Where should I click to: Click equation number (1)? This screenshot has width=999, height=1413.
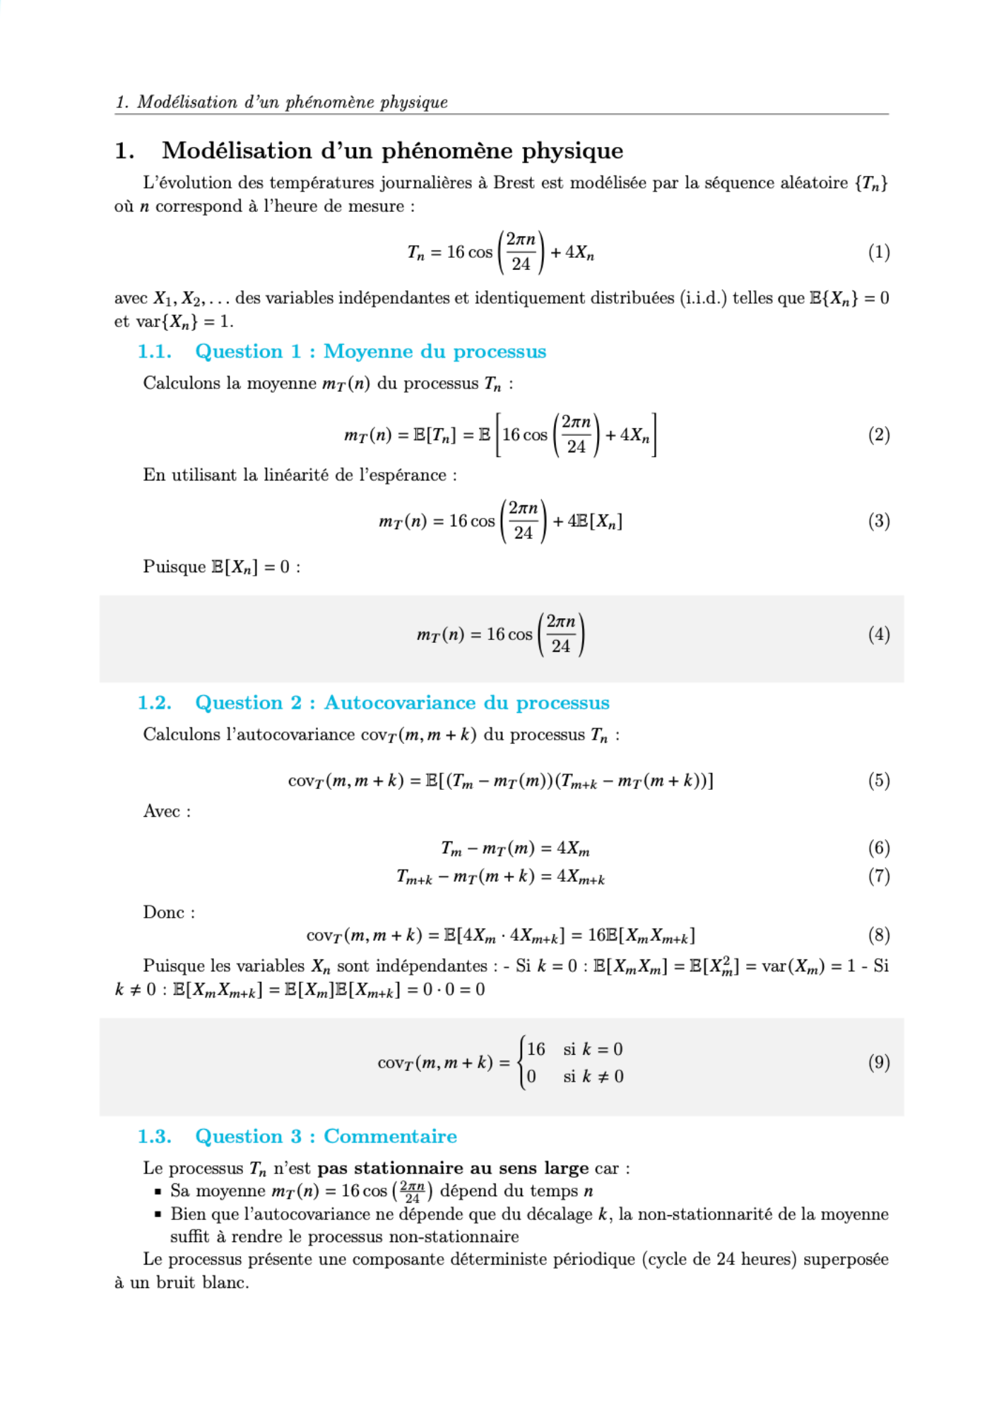(878, 252)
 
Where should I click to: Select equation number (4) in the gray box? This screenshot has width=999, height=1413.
(878, 634)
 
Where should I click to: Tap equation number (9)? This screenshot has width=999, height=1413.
(878, 1063)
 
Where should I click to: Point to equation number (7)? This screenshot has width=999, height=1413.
(878, 877)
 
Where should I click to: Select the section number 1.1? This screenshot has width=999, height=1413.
(154, 352)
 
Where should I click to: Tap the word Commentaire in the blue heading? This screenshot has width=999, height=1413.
(390, 1137)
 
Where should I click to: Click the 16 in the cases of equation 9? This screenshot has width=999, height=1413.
(536, 1049)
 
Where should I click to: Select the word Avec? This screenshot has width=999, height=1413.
(162, 811)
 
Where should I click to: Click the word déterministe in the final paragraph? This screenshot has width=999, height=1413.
(503, 1260)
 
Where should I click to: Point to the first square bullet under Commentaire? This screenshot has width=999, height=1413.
(158, 1192)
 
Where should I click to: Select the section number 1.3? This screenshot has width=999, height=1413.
(154, 1137)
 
